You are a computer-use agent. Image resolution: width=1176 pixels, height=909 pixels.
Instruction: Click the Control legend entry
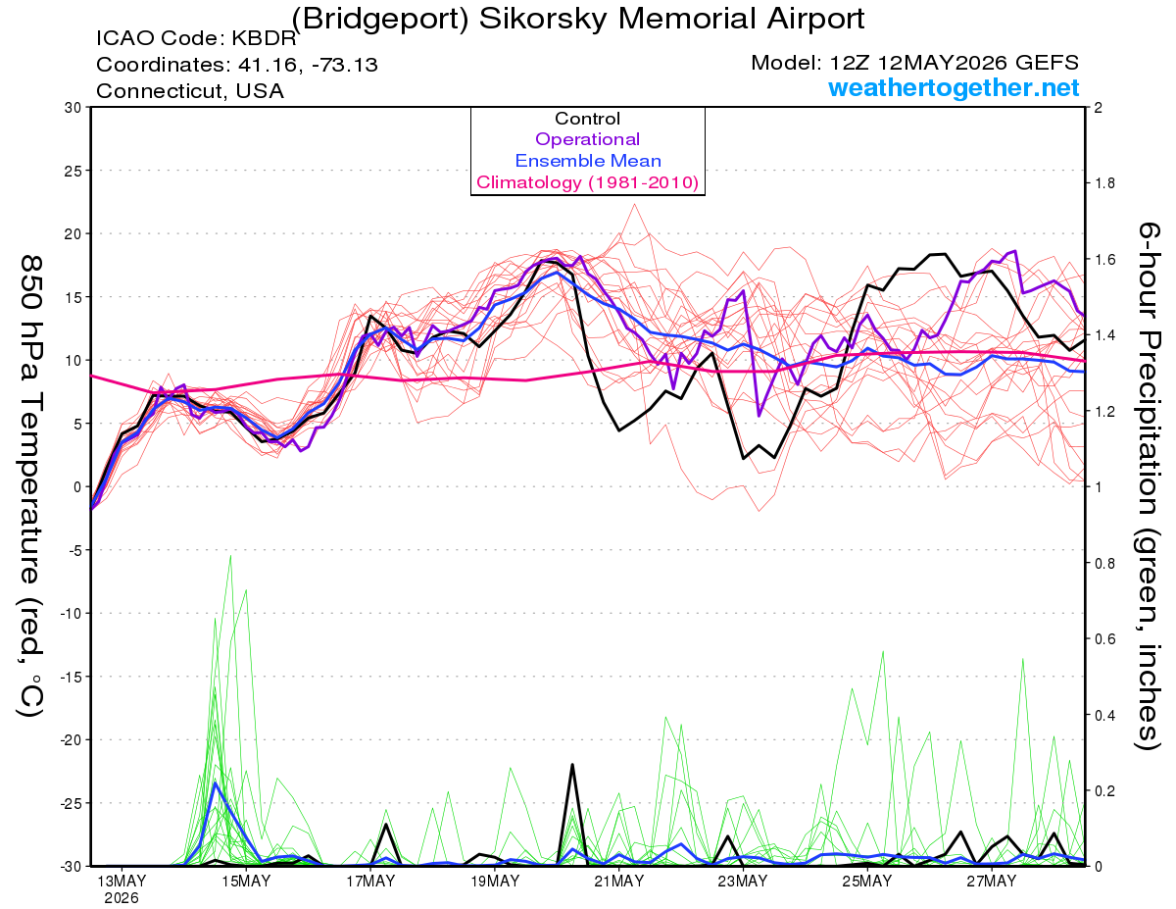coord(587,119)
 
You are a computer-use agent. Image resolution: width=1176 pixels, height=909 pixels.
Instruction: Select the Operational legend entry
coord(587,139)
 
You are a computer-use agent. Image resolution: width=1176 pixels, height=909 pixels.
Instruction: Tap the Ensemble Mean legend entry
coord(588,161)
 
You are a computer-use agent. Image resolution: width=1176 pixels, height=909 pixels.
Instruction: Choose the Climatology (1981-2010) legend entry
coord(588,182)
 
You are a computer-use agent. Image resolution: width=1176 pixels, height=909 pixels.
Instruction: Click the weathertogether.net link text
coord(954,87)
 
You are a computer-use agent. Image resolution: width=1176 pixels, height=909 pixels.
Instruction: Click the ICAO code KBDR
coord(264,38)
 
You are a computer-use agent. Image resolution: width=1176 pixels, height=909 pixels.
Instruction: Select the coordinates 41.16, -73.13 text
coord(308,65)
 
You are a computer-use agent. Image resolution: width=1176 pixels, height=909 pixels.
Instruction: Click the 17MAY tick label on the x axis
coord(370,882)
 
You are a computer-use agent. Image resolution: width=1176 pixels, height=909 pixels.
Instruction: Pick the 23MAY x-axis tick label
coord(743,882)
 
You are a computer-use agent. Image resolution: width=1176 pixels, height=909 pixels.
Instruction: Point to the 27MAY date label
coord(992,882)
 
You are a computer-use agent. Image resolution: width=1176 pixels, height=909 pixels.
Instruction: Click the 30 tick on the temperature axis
coord(73,108)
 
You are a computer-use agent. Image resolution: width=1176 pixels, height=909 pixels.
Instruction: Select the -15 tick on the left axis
coord(70,677)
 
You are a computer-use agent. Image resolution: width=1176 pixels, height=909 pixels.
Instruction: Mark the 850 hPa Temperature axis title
coord(30,486)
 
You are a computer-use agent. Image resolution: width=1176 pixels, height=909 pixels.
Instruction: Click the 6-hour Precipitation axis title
coord(1148,485)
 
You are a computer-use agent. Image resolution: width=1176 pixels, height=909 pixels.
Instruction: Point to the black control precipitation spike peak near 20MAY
coord(572,765)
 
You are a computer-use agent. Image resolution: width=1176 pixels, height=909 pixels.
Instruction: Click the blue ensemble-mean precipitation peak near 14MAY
coord(216,783)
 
